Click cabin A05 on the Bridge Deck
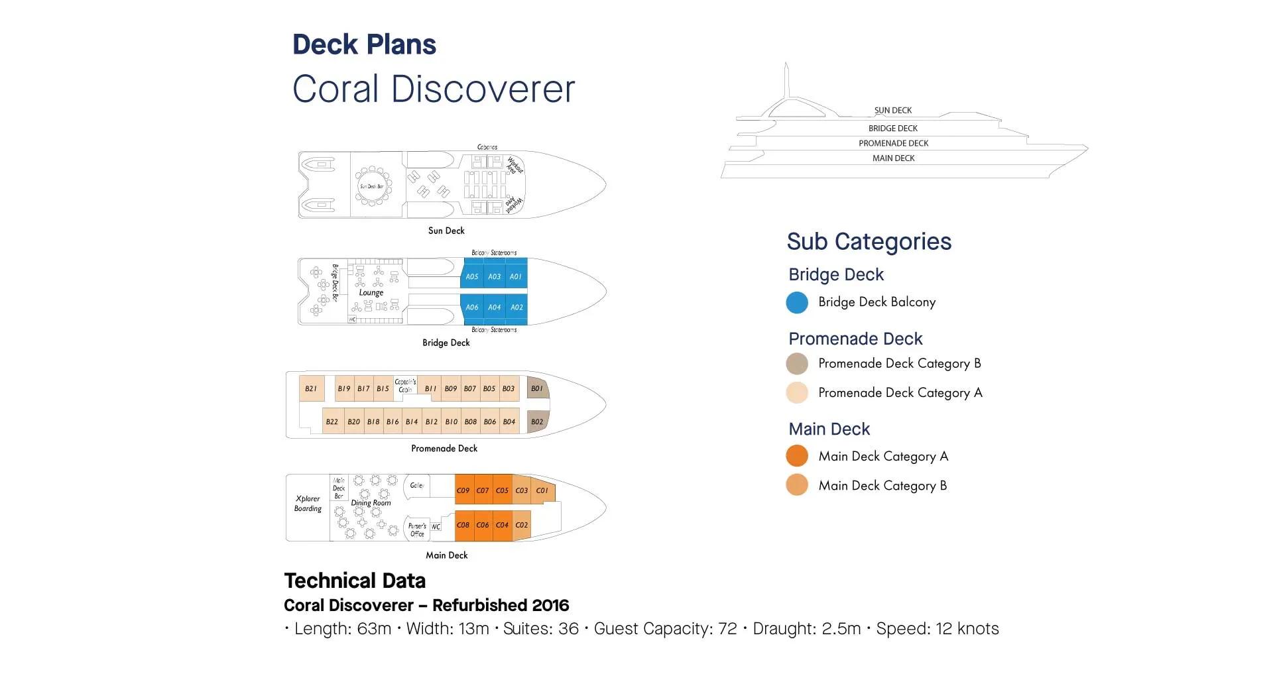pos(471,276)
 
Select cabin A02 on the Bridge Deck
pos(516,307)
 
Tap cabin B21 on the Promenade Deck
pos(311,389)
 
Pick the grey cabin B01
pos(537,388)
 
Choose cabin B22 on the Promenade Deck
pos(332,422)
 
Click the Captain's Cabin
pos(405,386)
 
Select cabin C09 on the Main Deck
pos(463,490)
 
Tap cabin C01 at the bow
pos(542,490)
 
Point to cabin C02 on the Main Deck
pos(522,525)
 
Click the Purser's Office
pos(417,530)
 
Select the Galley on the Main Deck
pos(417,486)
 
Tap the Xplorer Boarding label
pos(308,504)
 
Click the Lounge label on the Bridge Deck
pos(371,292)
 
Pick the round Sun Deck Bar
pos(372,186)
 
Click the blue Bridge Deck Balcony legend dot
pos(797,302)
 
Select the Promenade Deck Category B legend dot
pos(797,364)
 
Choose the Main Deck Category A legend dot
pos(797,456)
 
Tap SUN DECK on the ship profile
pos(892,111)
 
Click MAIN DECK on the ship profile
pos(893,158)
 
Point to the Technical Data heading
pos(355,581)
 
